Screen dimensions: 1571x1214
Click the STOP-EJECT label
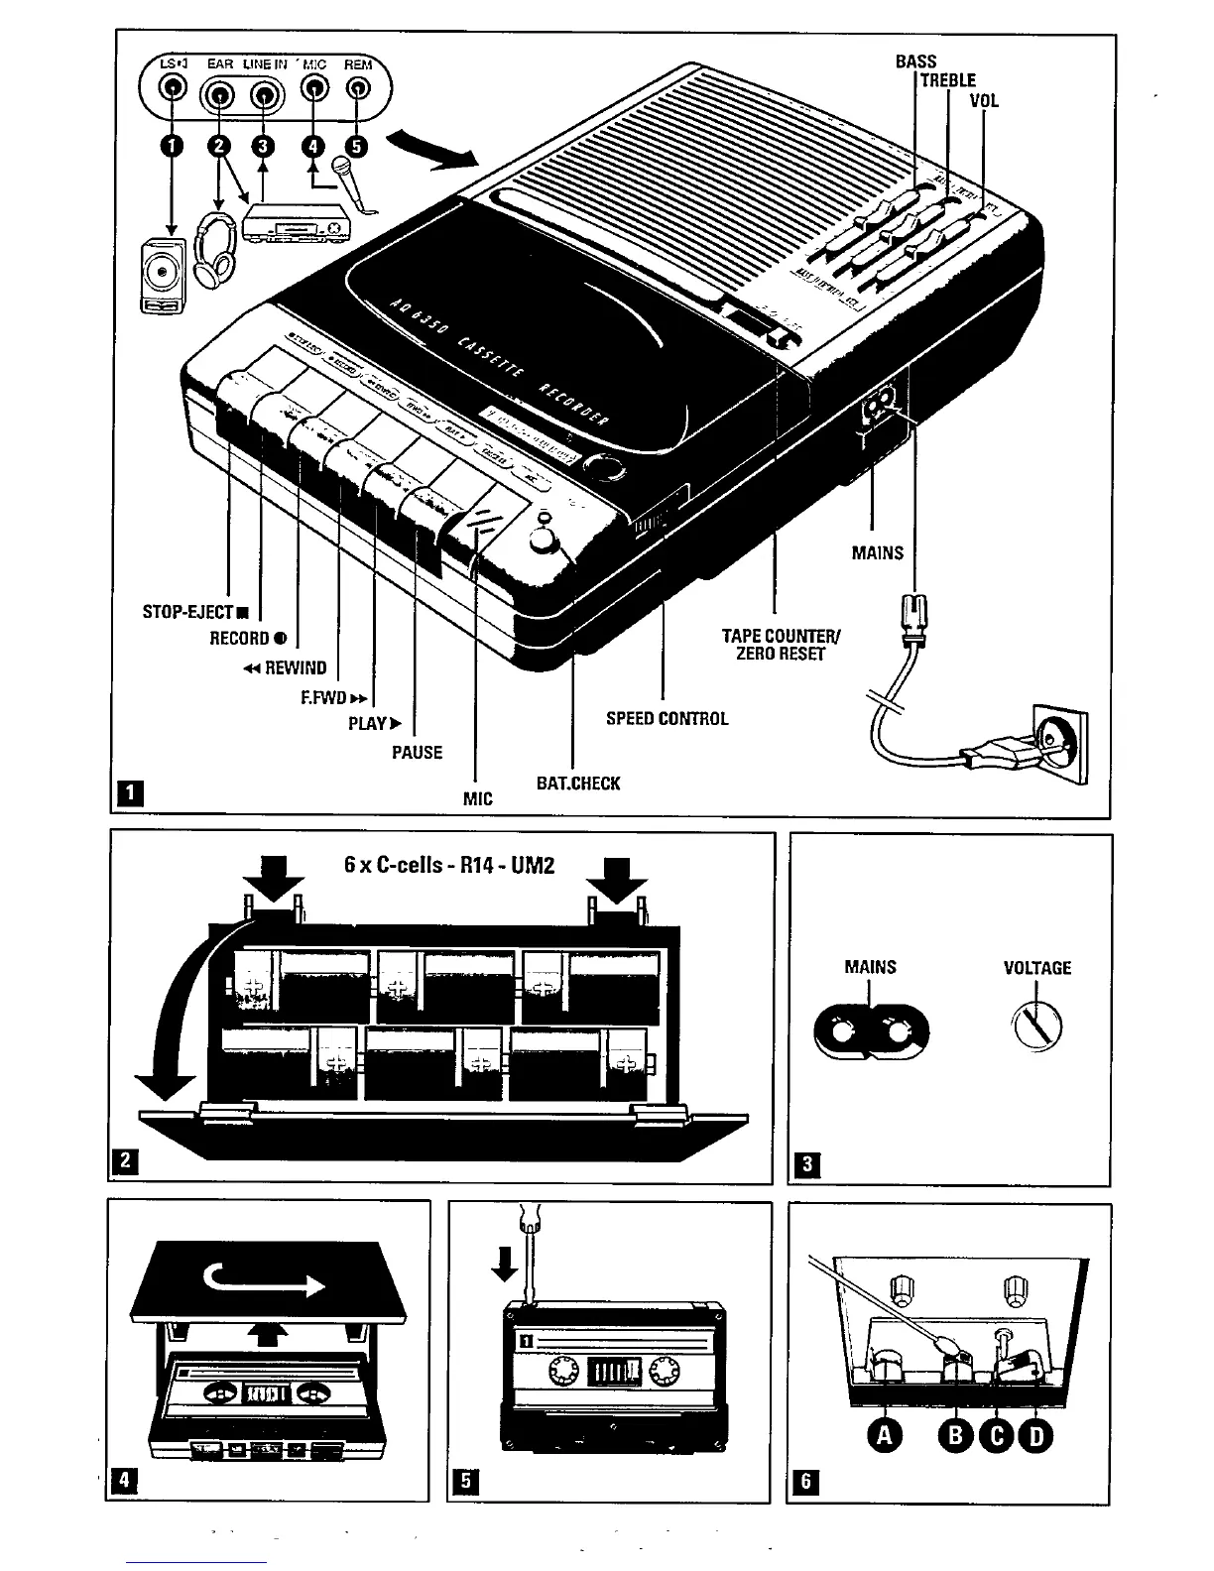tap(194, 612)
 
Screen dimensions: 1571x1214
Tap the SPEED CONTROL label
tap(667, 718)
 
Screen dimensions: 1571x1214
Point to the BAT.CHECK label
tap(577, 783)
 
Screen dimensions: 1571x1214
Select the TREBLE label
tap(947, 80)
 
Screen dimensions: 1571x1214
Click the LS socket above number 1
tap(172, 89)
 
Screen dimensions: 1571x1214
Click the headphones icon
tap(215, 249)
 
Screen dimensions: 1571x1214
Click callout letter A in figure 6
tap(884, 1435)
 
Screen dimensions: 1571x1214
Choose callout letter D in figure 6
tap(1035, 1435)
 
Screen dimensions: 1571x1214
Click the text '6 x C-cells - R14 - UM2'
tap(448, 865)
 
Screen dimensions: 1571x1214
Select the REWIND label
tap(286, 667)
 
